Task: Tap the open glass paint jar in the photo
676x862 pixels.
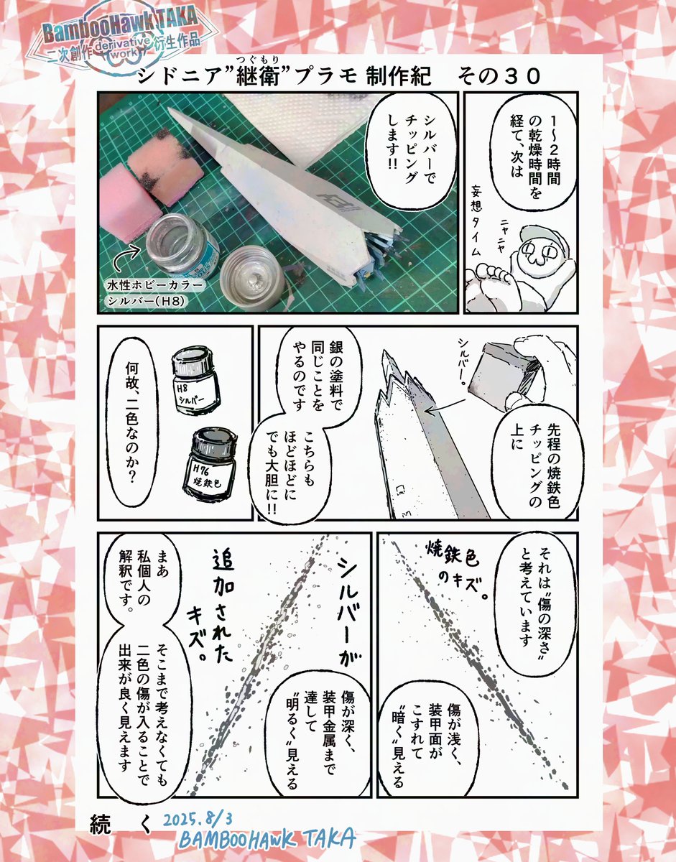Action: click(x=181, y=241)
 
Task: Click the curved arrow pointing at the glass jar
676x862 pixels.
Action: click(x=126, y=256)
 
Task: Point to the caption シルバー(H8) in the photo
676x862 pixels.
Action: click(x=147, y=301)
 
